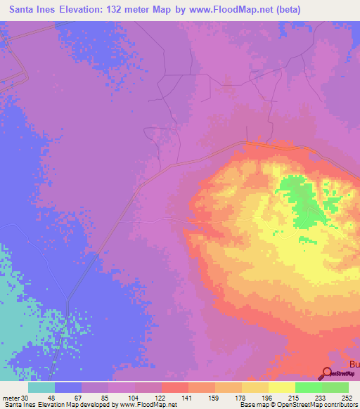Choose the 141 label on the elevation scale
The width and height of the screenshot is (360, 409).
click(188, 397)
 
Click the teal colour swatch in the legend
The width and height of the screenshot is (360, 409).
click(41, 387)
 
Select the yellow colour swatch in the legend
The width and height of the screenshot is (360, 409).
click(281, 387)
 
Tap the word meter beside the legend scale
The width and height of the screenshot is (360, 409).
click(10, 397)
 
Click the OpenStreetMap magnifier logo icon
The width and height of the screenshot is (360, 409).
click(328, 375)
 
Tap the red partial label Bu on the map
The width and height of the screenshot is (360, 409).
click(354, 365)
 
